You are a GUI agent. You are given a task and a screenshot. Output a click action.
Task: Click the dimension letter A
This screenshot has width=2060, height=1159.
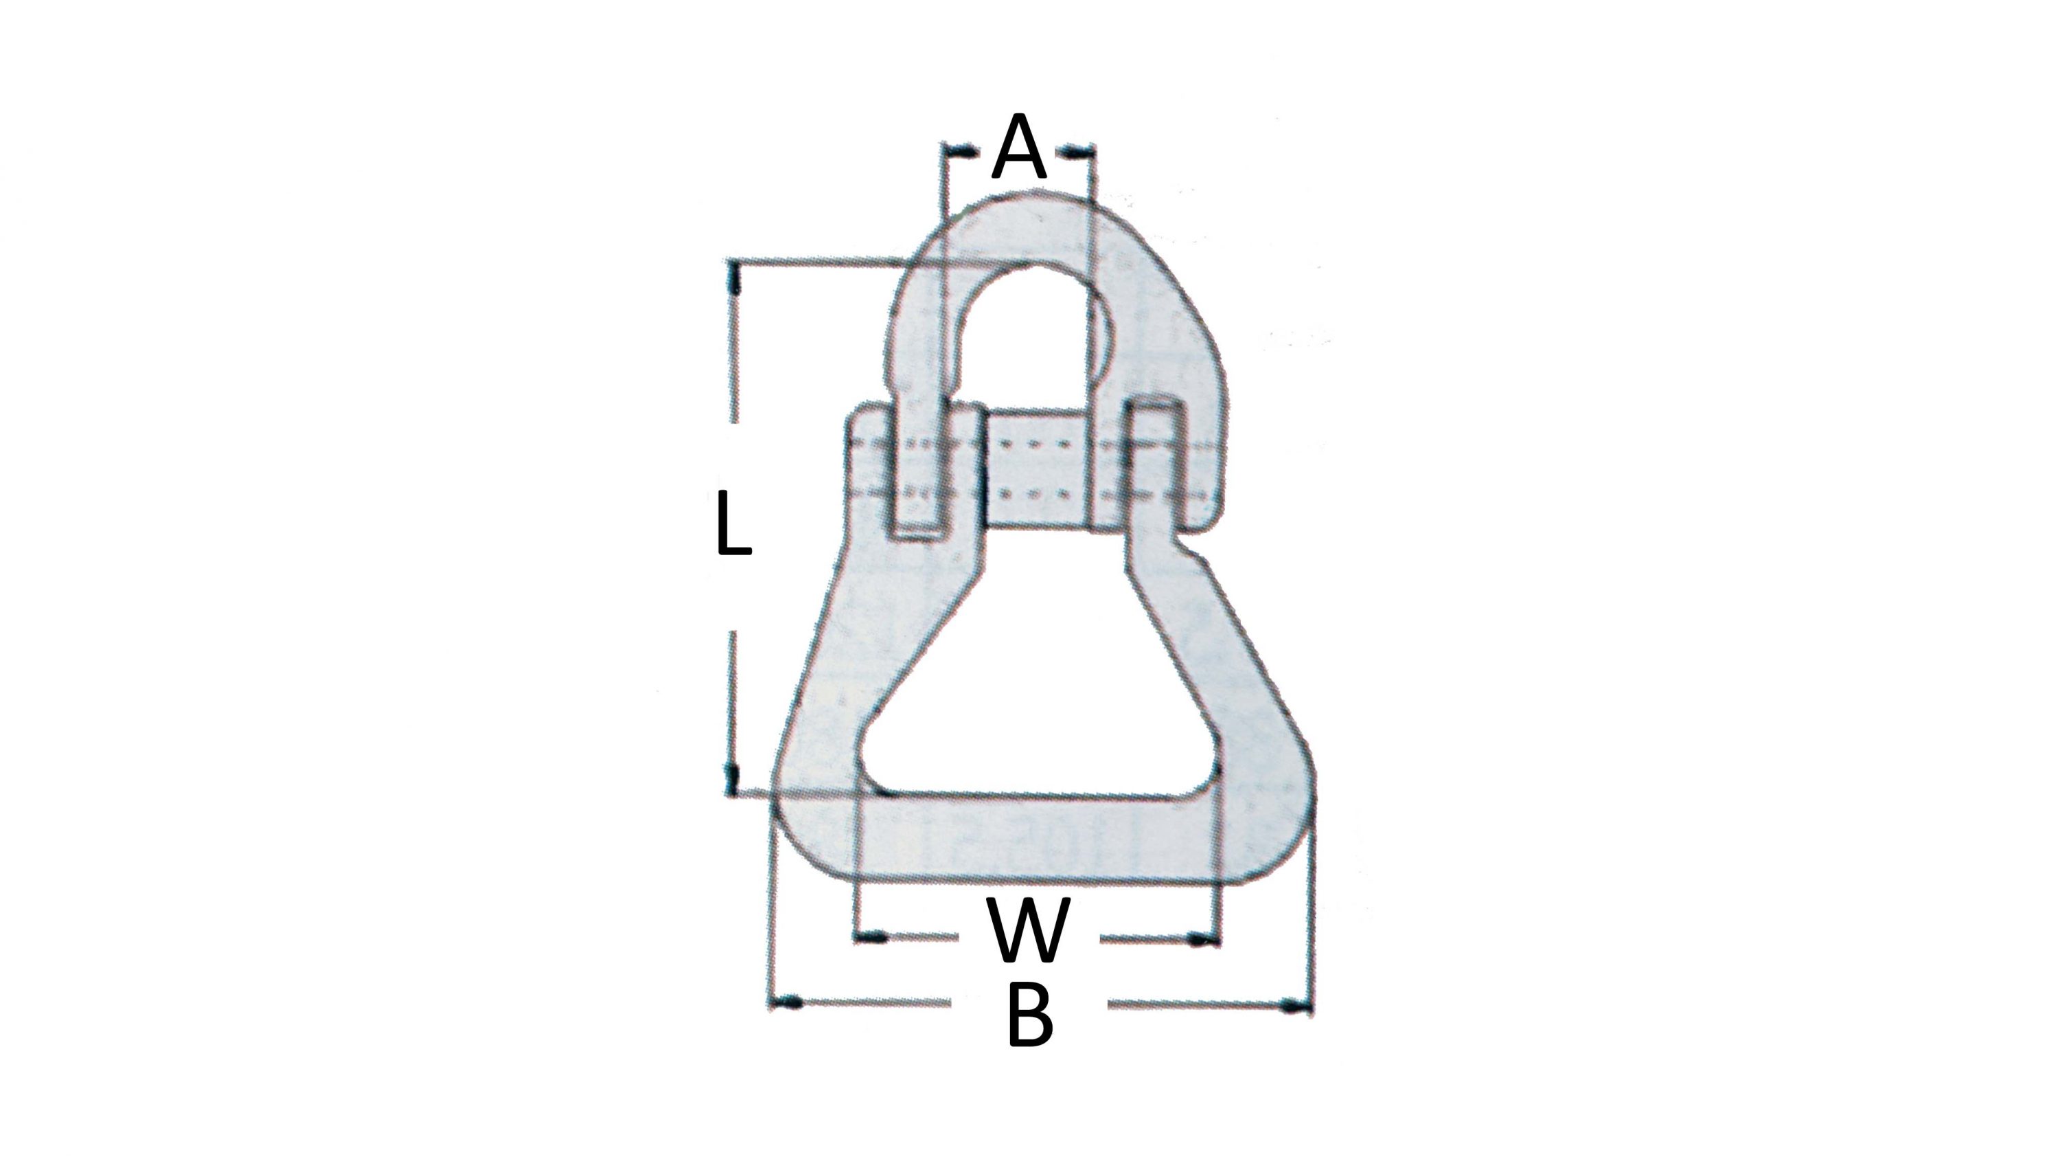[x=1018, y=149]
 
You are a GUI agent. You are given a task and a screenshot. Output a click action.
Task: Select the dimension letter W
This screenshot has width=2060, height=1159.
[x=1029, y=930]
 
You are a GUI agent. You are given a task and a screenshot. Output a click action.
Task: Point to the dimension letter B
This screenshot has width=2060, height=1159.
[x=1030, y=1017]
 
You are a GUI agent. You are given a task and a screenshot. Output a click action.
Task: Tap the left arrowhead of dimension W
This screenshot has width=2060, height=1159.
[x=873, y=936]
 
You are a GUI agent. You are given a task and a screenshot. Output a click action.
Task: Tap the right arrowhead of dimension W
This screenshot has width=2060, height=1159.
[x=1200, y=940]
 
